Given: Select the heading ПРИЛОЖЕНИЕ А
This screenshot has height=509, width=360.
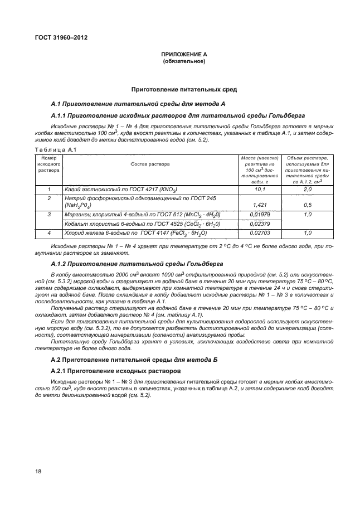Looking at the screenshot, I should point(184,54).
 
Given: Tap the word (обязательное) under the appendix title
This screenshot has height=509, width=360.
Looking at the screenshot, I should point(184,61).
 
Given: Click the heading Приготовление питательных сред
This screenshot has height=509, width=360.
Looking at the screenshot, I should point(184,89).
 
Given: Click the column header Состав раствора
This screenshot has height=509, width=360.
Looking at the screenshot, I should point(150,164).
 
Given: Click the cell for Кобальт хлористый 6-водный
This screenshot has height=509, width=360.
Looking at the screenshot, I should point(142,224).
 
